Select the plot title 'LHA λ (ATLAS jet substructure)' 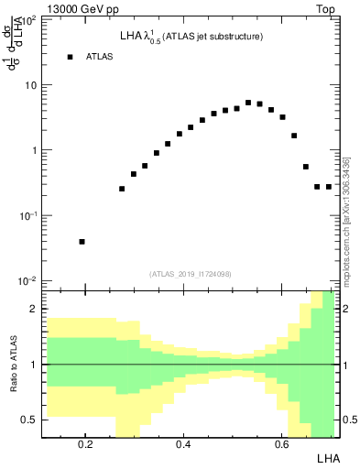[191, 37]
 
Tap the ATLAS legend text [100, 57]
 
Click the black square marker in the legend [70, 57]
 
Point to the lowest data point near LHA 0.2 [82, 242]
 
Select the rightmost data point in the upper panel [329, 187]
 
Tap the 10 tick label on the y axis [30, 85]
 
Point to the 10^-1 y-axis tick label [28, 215]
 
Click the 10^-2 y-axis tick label [28, 280]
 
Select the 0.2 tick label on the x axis [85, 444]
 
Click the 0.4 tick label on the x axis [183, 444]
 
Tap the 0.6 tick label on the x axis [281, 444]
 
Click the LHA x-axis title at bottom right [327, 457]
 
